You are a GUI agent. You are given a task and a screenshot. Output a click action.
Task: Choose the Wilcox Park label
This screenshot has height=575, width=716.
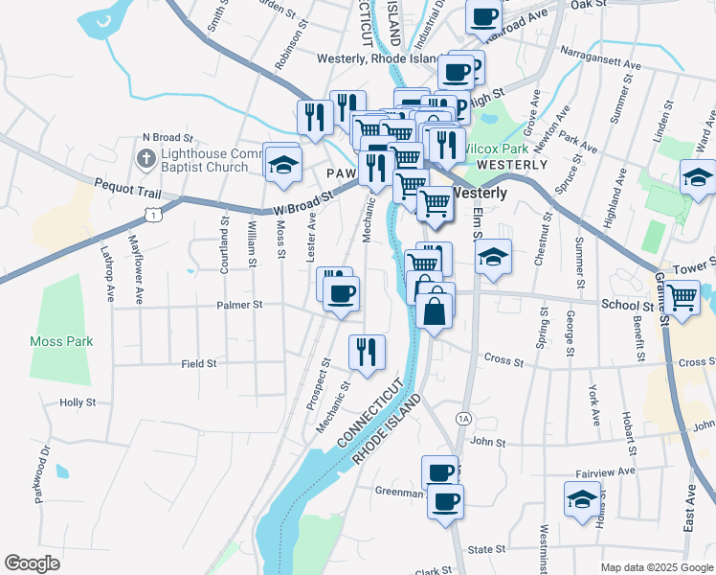click(495, 149)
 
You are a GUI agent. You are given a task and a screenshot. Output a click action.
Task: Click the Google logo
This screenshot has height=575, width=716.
click(32, 563)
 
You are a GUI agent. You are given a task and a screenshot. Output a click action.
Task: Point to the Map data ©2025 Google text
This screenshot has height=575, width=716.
click(655, 567)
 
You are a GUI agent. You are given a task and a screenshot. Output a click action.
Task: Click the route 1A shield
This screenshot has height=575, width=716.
click(463, 419)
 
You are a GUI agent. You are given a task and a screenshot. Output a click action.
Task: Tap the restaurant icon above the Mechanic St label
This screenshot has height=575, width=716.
click(367, 352)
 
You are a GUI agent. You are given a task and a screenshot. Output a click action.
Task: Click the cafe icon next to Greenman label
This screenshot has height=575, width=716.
click(445, 500)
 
